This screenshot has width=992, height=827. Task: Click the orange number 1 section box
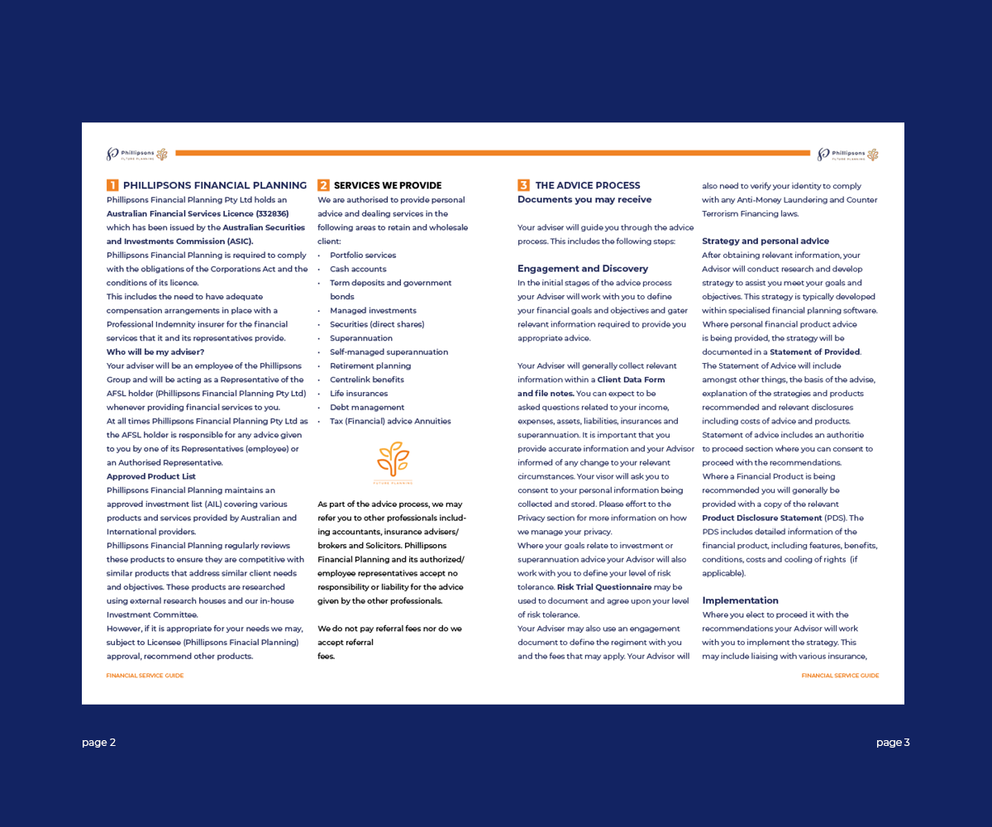pyautogui.click(x=112, y=185)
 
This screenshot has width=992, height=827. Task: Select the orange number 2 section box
pyautogui.click(x=323, y=185)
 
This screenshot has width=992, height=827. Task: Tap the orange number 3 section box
pyautogui.click(x=523, y=185)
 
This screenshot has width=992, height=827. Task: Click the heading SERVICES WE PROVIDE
pyautogui.click(x=388, y=186)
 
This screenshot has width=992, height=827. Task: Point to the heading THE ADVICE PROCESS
pyautogui.click(x=588, y=186)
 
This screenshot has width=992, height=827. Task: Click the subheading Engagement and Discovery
pyautogui.click(x=583, y=269)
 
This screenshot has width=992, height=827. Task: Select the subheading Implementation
pyautogui.click(x=740, y=600)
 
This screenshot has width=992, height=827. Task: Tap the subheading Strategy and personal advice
pyautogui.click(x=765, y=241)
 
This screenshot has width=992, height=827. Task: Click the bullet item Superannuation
pyautogui.click(x=361, y=338)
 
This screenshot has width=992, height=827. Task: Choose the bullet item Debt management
pyautogui.click(x=367, y=408)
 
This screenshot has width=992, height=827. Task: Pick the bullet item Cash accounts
pyautogui.click(x=358, y=270)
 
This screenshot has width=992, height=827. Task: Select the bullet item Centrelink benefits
pyautogui.click(x=367, y=380)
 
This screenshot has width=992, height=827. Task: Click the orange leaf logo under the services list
pyautogui.click(x=393, y=461)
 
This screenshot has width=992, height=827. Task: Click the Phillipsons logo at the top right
pyautogui.click(x=847, y=154)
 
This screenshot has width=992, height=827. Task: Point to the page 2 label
pyautogui.click(x=99, y=743)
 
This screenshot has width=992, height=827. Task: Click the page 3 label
pyautogui.click(x=893, y=743)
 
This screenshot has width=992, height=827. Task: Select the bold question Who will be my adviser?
pyautogui.click(x=155, y=352)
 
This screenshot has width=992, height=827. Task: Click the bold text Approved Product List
pyautogui.click(x=151, y=476)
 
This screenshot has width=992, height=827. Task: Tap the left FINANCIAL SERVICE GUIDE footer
pyautogui.click(x=145, y=676)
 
